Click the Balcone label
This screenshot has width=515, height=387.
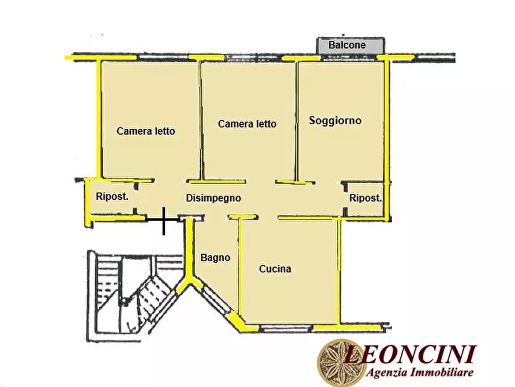coord(347,45)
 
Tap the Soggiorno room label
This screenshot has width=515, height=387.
coord(335,120)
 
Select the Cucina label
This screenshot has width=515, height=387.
coord(275,269)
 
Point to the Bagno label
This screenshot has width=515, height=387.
coord(215,258)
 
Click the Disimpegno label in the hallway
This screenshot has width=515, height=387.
coord(213,198)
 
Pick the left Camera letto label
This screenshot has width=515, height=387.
coord(145,131)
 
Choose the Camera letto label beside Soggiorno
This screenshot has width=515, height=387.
coord(247,124)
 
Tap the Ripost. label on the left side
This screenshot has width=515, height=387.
coord(112,195)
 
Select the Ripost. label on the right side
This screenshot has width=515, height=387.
coord(365,198)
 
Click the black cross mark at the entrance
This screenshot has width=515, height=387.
coord(164,220)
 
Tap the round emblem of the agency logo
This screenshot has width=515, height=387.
coord(338,362)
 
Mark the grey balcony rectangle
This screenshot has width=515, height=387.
coord(351,46)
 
